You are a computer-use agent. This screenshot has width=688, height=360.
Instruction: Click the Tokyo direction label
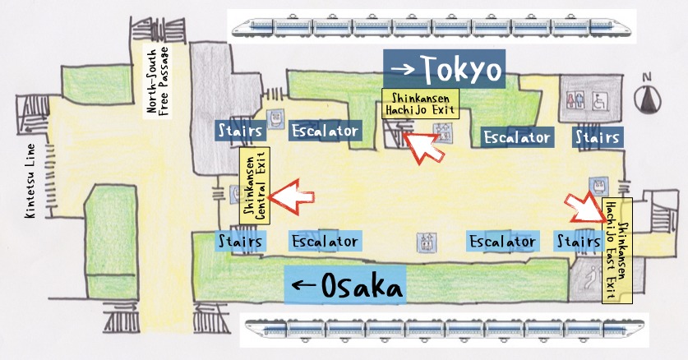click(x=445, y=69)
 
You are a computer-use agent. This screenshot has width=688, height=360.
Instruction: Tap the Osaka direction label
click(x=344, y=287)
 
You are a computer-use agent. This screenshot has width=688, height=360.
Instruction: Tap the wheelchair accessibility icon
click(x=601, y=99)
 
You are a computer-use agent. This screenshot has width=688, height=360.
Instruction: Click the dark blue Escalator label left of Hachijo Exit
click(x=326, y=131)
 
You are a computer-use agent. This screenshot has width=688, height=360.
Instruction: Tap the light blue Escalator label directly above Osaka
click(x=326, y=242)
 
